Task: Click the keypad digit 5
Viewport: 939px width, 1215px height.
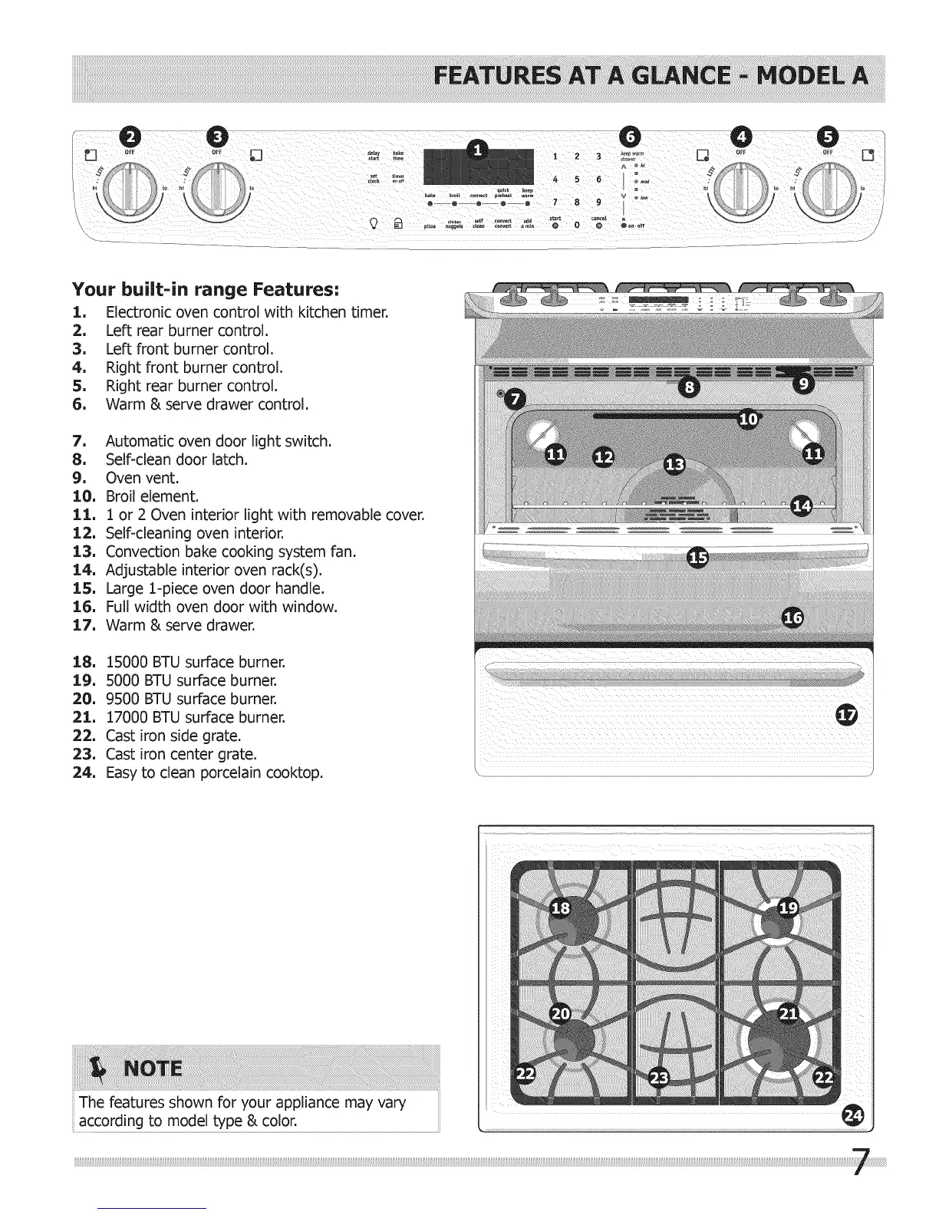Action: [x=576, y=179]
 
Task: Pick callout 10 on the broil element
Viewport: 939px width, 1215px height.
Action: [x=748, y=418]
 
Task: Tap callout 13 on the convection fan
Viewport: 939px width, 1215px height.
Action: [x=674, y=465]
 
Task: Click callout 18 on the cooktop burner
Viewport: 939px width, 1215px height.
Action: [x=561, y=908]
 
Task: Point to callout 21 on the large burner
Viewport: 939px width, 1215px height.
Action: [x=789, y=1013]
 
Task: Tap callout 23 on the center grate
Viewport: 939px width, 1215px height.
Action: [x=659, y=1077]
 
